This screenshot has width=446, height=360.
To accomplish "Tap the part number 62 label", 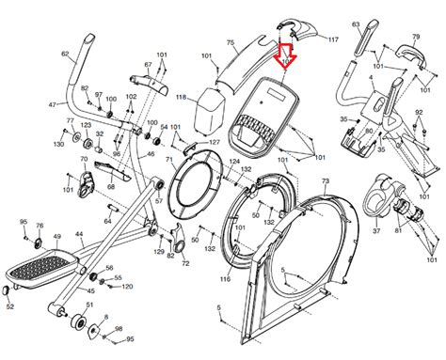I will click(x=65, y=55).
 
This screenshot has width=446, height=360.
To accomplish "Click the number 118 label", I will click(x=181, y=97).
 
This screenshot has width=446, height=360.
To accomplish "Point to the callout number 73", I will click(x=325, y=180).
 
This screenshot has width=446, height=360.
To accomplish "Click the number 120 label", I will click(x=127, y=286).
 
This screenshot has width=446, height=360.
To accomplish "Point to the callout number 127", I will click(x=214, y=142).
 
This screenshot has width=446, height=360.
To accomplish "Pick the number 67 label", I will click(x=146, y=64).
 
